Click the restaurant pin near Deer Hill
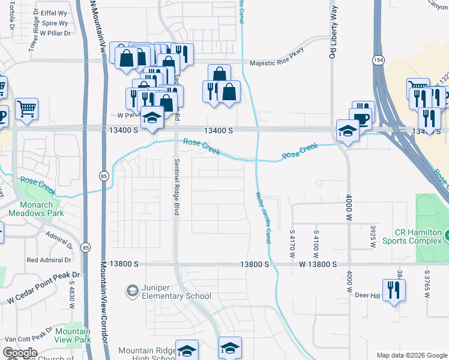[394, 290]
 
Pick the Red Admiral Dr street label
[49, 260]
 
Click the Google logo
[20, 353]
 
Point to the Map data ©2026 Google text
[411, 355]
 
